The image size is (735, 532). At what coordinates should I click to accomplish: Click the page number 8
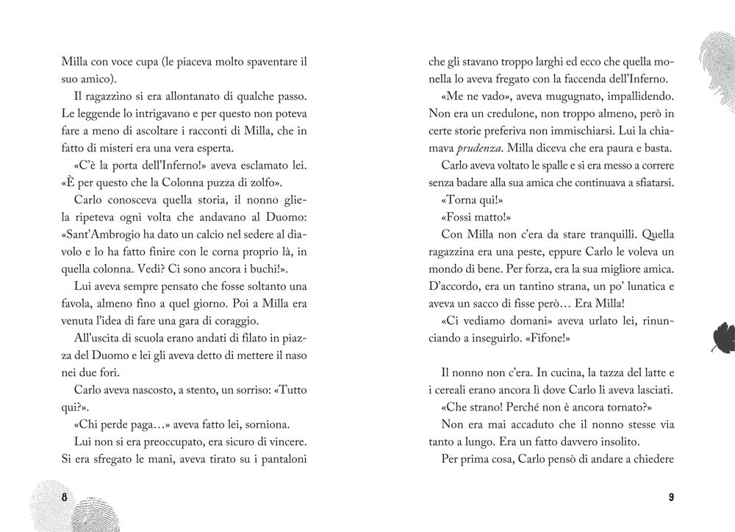click(65, 497)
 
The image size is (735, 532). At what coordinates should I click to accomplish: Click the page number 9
click(671, 497)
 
